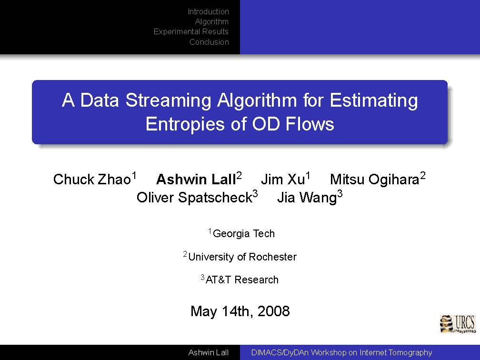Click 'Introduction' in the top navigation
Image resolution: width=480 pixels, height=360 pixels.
[x=208, y=11]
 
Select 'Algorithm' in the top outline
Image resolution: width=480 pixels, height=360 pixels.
[x=212, y=22]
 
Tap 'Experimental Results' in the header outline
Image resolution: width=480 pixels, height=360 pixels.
[x=191, y=32]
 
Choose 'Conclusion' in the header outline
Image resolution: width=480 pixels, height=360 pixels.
[x=209, y=42]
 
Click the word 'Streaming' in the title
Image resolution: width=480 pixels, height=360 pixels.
[x=168, y=101]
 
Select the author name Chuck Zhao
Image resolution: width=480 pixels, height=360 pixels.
[x=92, y=179]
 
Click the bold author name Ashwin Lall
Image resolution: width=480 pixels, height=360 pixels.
[x=196, y=179]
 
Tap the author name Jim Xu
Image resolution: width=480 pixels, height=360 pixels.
[x=283, y=179]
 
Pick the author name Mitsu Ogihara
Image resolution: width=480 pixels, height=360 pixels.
[x=374, y=180]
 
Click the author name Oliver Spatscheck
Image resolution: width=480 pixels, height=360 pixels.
[x=194, y=198]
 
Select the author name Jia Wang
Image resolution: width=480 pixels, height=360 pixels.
[x=307, y=198]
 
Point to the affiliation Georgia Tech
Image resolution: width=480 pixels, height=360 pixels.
[x=244, y=233]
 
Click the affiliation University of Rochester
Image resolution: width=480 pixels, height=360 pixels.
[x=242, y=257]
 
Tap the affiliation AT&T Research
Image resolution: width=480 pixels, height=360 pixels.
[x=242, y=280]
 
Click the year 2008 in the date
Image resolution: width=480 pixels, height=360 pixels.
[x=273, y=311]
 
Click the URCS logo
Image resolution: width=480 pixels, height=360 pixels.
[x=458, y=324]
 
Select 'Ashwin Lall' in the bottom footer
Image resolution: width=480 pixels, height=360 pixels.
[x=209, y=353]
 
